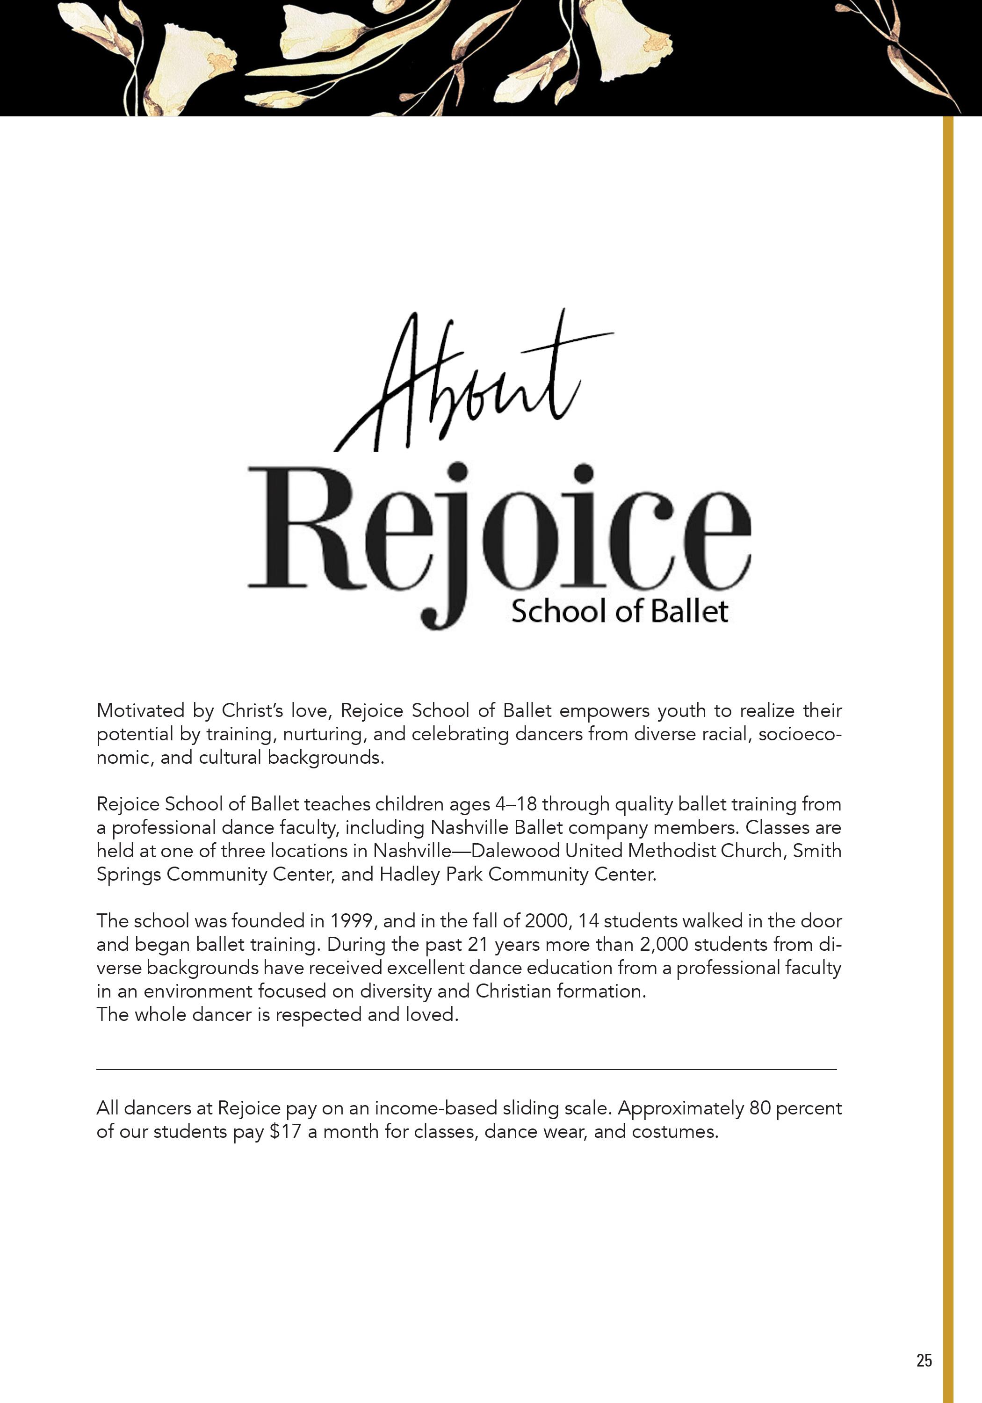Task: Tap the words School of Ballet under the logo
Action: (x=620, y=612)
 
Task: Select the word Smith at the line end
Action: (x=817, y=851)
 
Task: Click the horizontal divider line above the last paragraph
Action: (x=466, y=1070)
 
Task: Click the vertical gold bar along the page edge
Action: (x=948, y=733)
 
